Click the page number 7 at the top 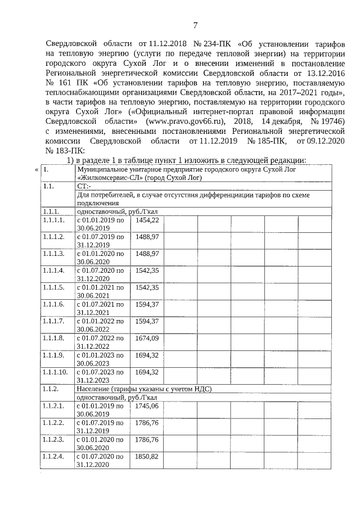coord(195,25)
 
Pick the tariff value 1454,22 coord(147,220)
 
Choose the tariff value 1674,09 coord(147,338)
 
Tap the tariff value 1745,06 coord(147,406)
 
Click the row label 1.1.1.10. coord(55,372)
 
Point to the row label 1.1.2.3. coord(53,439)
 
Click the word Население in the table coord(93,389)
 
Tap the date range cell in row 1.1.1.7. coord(100,325)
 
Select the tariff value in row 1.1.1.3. coord(147,254)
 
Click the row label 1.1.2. coord(51,389)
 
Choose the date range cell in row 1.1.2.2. coord(100,426)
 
